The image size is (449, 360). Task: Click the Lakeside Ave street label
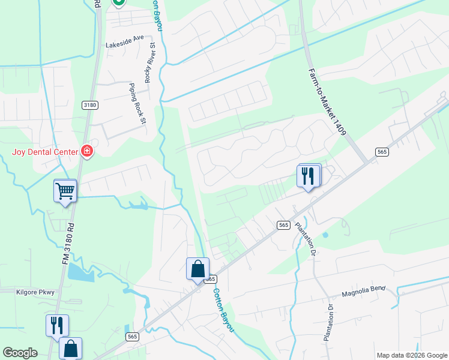point(125,37)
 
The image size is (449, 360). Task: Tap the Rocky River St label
point(152,53)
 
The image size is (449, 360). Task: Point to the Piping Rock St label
point(137,104)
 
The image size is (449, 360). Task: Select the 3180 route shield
point(90,105)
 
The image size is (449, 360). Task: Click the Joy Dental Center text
point(45,151)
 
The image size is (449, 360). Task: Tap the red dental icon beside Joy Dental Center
point(88,151)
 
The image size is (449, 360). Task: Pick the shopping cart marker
point(65,191)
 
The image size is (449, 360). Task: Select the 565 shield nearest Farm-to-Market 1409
point(382,152)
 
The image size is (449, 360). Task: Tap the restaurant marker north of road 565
point(309,176)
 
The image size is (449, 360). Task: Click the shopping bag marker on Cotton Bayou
point(197,269)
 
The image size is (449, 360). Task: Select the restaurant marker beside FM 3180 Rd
point(57,325)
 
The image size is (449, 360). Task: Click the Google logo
point(20,352)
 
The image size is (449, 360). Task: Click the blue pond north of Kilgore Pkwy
point(81,272)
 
